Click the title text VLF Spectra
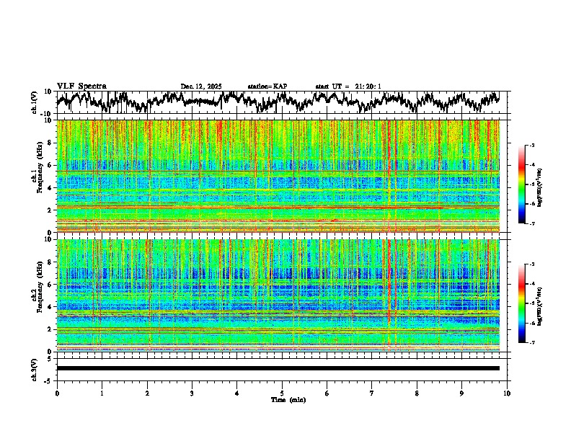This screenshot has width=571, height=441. click(x=81, y=86)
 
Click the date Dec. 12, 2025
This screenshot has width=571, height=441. click(x=201, y=86)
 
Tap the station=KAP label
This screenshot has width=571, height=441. click(x=267, y=86)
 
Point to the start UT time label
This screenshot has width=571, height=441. click(x=348, y=86)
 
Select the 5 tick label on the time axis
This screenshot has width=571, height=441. click(x=282, y=393)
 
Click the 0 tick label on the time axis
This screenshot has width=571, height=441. click(x=57, y=393)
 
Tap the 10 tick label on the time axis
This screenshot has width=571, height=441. click(x=507, y=393)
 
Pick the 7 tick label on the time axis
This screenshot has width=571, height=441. click(x=372, y=393)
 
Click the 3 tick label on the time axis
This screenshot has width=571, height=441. click(x=192, y=393)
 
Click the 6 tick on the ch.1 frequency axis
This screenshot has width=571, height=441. click(x=51, y=165)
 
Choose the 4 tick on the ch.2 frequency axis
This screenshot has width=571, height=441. click(x=51, y=306)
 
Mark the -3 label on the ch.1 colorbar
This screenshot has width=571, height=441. click(x=532, y=146)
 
